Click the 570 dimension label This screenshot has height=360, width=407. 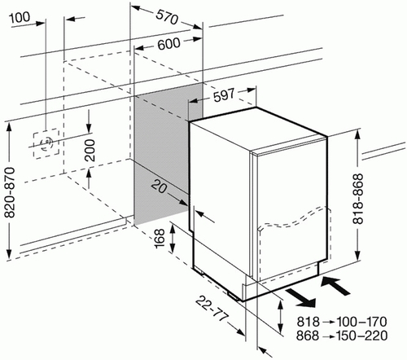pyautogui.click(x=167, y=17)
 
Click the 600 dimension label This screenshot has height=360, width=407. pyautogui.click(x=168, y=44)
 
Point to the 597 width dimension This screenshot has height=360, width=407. pyautogui.click(x=224, y=95)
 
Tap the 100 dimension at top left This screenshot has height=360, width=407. pyautogui.click(x=20, y=17)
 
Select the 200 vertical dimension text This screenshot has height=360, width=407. pyautogui.click(x=90, y=150)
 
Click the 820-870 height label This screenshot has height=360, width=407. pyautogui.click(x=10, y=192)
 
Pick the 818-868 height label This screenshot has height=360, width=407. pyautogui.click(x=357, y=199)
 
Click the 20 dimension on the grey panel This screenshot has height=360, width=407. pyautogui.click(x=159, y=187)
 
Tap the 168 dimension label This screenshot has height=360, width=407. pyautogui.click(x=160, y=238)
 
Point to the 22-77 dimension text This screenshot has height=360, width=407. pyautogui.click(x=212, y=309)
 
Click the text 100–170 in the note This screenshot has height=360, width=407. pyautogui.click(x=361, y=322)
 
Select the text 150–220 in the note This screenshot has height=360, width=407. pyautogui.click(x=361, y=336)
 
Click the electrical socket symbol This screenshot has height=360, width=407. pyautogui.click(x=46, y=143)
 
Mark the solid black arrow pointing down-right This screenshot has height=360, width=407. pyautogui.click(x=301, y=298)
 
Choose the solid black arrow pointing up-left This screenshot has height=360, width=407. pyautogui.click(x=335, y=286)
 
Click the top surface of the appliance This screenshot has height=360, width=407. pyautogui.click(x=258, y=129)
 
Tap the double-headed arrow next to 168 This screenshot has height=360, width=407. pyautogui.click(x=173, y=239)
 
